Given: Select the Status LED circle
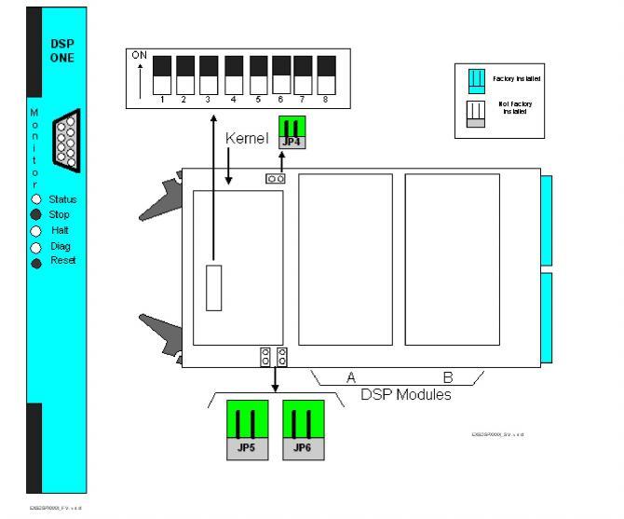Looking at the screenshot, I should point(36,199).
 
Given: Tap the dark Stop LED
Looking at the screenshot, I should point(36,214).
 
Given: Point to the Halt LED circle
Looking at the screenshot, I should point(36,230).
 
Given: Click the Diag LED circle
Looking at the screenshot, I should point(36,247).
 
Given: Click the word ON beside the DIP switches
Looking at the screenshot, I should point(139,56).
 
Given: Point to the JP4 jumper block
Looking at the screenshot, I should point(292,132).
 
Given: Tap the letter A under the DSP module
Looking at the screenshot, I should point(350,377).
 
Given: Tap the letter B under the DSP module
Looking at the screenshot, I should point(447,377).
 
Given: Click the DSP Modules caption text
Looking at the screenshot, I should point(406,395).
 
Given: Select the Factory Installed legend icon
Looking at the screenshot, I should point(474,79).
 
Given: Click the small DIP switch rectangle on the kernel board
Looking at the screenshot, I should point(214,288).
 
